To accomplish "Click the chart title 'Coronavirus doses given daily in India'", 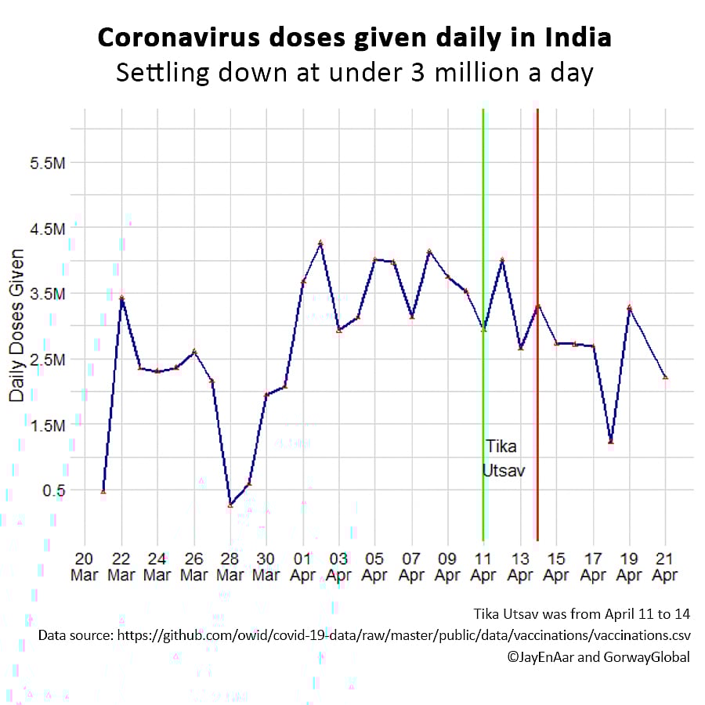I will coord(354,38).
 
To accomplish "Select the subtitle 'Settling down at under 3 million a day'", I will coord(354,73).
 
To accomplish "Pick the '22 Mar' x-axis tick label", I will coord(121,565).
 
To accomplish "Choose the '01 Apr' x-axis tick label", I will coord(302,565).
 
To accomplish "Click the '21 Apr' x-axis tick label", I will coord(665,565).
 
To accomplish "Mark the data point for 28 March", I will coord(230,504).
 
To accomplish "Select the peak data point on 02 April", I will coord(320,244).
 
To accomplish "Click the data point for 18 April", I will coord(611,442).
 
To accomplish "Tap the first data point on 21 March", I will coord(103,491).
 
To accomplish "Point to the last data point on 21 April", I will coord(665,377).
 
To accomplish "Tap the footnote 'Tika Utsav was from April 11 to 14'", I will coord(582,613).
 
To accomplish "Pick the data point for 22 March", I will coord(121,298).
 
